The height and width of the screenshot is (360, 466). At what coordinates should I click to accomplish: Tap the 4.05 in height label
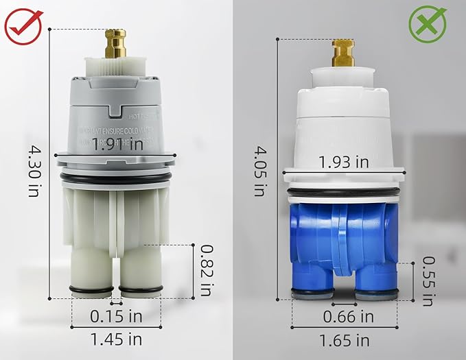coord(260,170)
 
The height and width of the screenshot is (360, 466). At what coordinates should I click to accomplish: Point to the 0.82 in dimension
coord(204,270)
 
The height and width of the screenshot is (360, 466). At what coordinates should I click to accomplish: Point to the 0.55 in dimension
coord(427,280)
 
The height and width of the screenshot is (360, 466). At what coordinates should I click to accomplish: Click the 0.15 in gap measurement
coord(117,316)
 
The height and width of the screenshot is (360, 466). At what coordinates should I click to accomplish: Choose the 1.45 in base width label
coord(116,338)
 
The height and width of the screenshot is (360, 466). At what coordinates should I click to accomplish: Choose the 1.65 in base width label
coord(344,339)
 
